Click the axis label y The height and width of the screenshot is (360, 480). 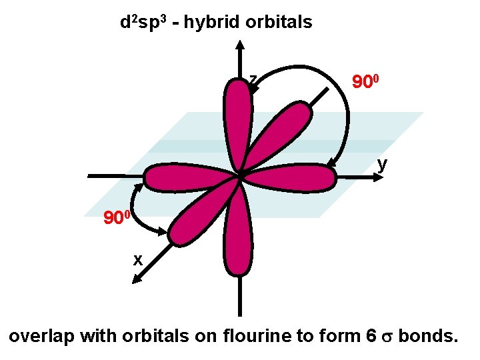pos(381,164)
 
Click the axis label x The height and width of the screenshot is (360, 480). pos(137,260)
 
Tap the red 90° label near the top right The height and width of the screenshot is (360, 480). pos(366,83)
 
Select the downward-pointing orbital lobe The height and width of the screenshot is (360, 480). pos(237,233)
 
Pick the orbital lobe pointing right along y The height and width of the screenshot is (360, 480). pos(293,178)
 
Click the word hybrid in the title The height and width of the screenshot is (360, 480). pos(213,23)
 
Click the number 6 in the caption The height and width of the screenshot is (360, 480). pos(371,337)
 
